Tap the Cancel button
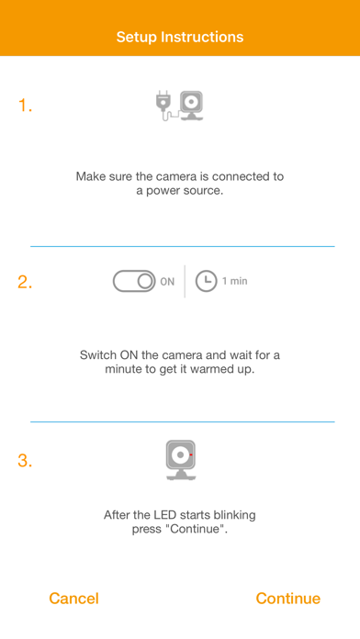point(73,599)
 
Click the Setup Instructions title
point(180,37)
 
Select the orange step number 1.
point(25,106)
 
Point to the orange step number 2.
point(25,282)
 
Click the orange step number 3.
point(25,461)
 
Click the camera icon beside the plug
point(191,106)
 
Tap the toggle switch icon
point(134,281)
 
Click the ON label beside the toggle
point(167,282)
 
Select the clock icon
point(206,281)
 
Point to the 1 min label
point(235,281)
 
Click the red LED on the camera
point(191,454)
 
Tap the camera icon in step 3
point(181,460)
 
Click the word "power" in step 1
point(162,191)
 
